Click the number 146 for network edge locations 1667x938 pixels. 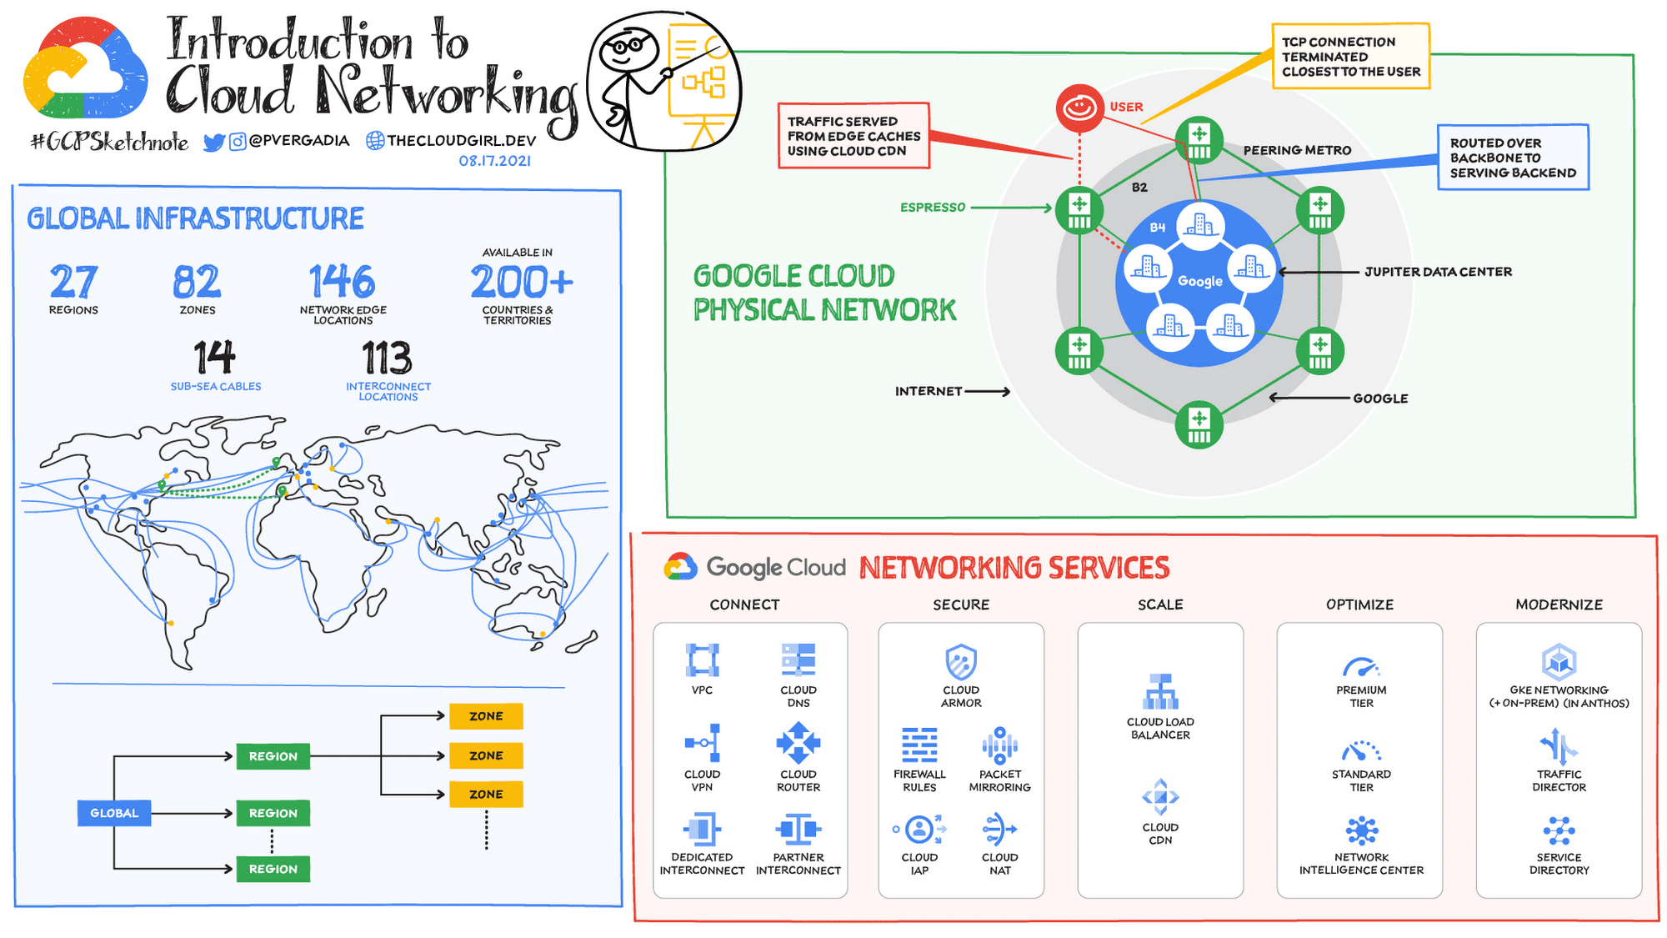click(x=342, y=282)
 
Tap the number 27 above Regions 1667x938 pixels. click(x=73, y=282)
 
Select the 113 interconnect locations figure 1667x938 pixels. click(x=387, y=359)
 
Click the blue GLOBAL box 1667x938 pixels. click(x=114, y=813)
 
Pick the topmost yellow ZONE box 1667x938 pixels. click(x=486, y=716)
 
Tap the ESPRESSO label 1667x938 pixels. click(x=932, y=208)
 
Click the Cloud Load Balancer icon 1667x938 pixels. click(x=1160, y=691)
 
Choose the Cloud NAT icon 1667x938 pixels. click(x=999, y=830)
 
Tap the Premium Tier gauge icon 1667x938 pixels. click(x=1361, y=667)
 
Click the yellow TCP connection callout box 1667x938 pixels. click(x=1350, y=57)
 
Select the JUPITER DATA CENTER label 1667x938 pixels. click(x=1438, y=272)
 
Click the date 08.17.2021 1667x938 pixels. click(x=494, y=161)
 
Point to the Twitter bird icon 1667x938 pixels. click(x=214, y=143)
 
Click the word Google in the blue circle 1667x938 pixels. click(x=1200, y=282)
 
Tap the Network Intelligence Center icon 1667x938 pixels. click(x=1361, y=830)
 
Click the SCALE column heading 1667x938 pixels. click(x=1160, y=604)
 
